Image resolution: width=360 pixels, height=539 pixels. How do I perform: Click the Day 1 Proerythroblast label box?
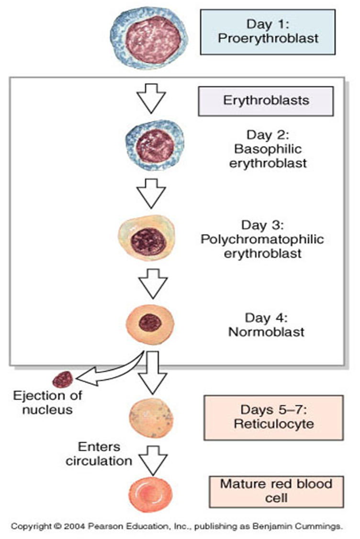click(x=268, y=32)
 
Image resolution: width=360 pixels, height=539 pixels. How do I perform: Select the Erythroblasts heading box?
click(x=266, y=101)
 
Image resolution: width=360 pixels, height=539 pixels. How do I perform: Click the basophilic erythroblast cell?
click(x=155, y=145)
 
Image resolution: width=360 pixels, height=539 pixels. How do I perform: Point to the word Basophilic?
click(x=268, y=149)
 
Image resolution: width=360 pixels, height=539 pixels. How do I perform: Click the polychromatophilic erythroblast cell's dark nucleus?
click(x=148, y=241)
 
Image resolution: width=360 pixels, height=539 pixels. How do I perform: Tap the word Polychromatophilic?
click(x=262, y=239)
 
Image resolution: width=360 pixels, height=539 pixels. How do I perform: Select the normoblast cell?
click(x=150, y=324)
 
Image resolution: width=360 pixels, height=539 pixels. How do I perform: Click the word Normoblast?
click(x=266, y=332)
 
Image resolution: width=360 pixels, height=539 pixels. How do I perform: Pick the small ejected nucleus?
click(x=63, y=379)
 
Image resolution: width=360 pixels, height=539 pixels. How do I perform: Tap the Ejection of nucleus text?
click(x=47, y=402)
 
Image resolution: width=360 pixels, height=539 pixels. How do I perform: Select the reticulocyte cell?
click(x=151, y=418)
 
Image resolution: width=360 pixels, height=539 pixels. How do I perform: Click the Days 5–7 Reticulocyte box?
click(x=273, y=418)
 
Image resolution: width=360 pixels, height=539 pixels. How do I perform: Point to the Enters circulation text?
click(x=99, y=454)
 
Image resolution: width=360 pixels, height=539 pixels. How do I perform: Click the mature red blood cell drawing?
click(x=150, y=494)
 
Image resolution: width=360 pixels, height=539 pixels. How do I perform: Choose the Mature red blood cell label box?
click(x=276, y=492)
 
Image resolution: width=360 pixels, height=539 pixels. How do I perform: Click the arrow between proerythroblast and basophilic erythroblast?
click(x=151, y=98)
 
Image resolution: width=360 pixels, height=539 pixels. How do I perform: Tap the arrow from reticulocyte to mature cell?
click(x=153, y=460)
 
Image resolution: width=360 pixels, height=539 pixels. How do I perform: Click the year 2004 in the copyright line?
click(x=74, y=526)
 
